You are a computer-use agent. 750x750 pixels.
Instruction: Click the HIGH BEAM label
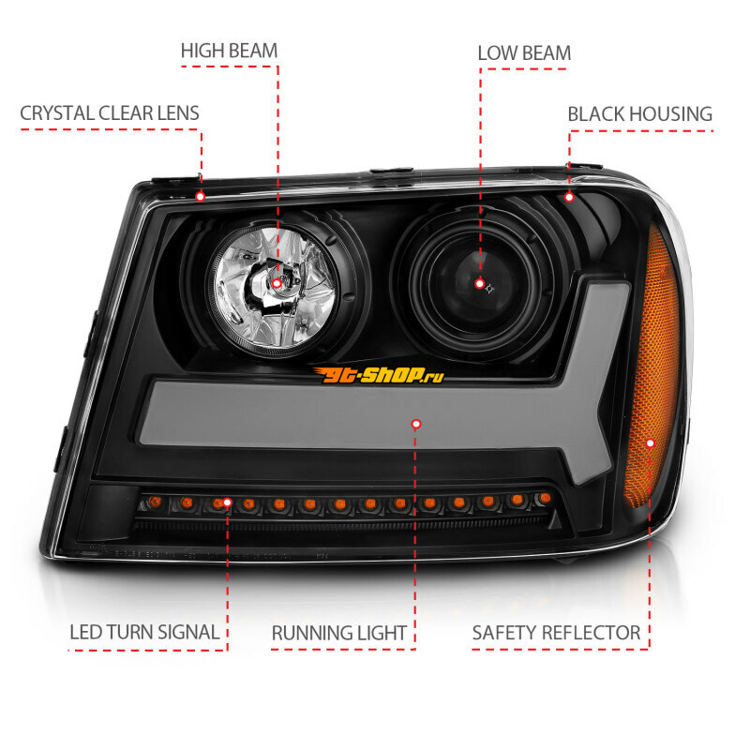229,51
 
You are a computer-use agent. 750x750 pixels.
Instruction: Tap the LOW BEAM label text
524,53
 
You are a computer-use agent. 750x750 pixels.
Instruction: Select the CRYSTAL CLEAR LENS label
110,113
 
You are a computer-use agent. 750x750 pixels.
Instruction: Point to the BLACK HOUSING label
640,114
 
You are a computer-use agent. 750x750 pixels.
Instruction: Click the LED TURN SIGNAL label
144,632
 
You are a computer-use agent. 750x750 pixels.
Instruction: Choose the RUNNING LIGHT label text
339,634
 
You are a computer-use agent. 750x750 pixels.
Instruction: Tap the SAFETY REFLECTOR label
556,633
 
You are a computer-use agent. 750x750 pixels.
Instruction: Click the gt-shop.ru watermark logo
378,375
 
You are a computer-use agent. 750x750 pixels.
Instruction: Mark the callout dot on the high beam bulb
277,284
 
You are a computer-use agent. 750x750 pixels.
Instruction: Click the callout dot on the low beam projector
480,284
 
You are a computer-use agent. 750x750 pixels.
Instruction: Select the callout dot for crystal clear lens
201,197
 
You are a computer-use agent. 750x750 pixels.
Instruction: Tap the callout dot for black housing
569,197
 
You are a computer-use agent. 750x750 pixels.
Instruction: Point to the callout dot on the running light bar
416,425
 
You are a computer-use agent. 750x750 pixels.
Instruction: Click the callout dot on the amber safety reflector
650,443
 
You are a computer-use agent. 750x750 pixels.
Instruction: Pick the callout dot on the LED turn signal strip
228,502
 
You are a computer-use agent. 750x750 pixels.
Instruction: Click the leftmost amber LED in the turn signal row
155,502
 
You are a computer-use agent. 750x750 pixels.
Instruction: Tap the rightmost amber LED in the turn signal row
545,499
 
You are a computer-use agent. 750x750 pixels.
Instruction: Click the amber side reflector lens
652,368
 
